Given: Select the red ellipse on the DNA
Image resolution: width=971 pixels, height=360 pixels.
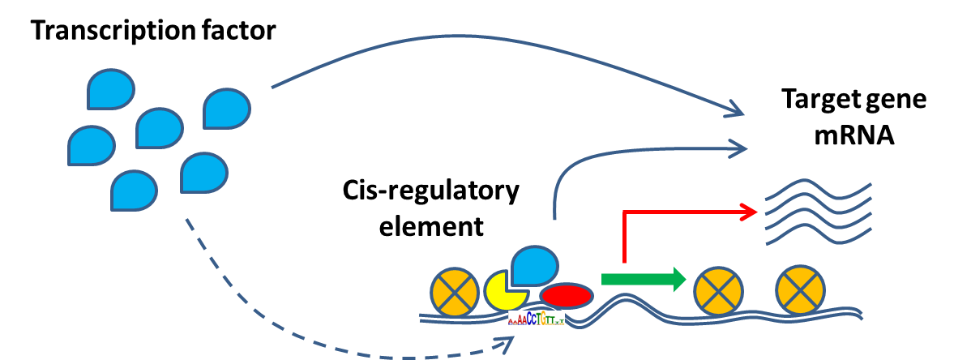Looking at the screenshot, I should [566, 296].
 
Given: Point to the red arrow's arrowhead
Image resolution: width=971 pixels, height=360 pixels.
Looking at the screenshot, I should [751, 212].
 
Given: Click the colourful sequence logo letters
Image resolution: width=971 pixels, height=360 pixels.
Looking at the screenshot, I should [536, 318].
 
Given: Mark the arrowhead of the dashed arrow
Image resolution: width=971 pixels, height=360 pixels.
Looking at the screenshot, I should [507, 344].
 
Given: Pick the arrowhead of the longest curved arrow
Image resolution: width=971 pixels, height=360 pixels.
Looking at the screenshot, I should [736, 111].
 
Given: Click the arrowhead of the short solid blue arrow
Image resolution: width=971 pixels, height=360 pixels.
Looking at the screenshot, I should [738, 148].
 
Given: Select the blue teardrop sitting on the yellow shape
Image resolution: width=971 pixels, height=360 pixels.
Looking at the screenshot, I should [534, 266].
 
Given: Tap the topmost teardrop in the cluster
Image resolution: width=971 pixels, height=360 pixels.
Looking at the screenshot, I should [111, 89].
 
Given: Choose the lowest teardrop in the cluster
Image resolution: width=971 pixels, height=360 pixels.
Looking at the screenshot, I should [134, 191].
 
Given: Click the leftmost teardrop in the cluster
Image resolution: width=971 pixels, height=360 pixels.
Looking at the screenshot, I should [92, 146].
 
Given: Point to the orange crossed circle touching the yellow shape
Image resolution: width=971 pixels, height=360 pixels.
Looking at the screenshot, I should [454, 293].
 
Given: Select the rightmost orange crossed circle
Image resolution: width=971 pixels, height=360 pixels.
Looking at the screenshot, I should [800, 290].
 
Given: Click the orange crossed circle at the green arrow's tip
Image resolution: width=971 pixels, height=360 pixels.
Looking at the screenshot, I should [718, 291].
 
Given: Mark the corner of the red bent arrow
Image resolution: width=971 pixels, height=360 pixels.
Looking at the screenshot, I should [624, 212].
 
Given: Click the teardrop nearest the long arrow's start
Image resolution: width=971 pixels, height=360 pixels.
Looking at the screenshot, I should [227, 109].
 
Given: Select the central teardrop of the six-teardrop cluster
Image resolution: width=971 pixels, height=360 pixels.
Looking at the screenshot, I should [160, 128].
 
